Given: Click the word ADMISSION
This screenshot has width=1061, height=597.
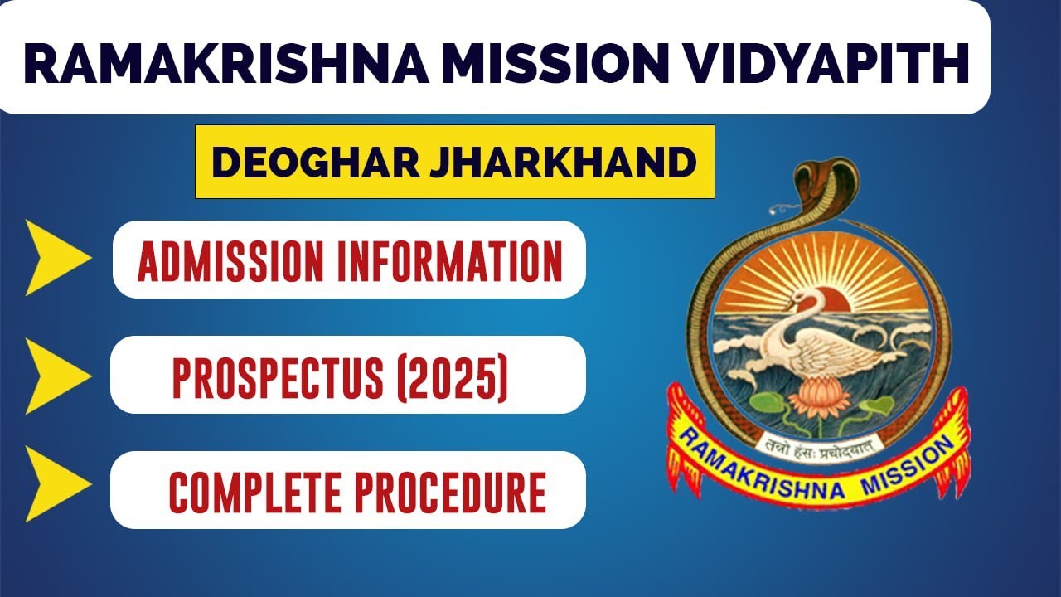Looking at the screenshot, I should [x=225, y=260].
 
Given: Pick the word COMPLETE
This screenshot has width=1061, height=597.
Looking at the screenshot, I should [x=256, y=492].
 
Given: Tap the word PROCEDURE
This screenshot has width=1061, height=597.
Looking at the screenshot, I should [x=452, y=492].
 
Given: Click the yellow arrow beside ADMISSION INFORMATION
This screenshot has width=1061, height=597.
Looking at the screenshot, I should [x=56, y=258].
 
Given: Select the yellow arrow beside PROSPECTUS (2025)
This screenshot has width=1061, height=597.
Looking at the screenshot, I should [x=56, y=375].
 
